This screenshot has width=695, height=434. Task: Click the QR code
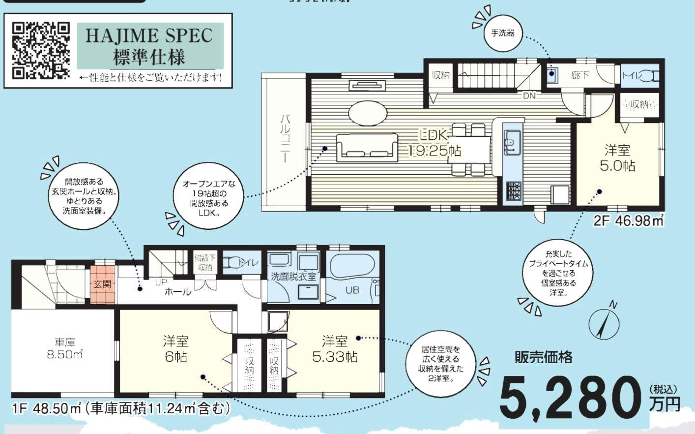click(41, 50)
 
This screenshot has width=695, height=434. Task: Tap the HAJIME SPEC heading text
click(149, 35)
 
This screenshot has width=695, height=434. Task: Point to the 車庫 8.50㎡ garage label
click(64, 348)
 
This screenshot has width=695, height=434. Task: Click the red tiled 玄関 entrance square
click(103, 285)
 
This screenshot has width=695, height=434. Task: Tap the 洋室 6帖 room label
click(175, 348)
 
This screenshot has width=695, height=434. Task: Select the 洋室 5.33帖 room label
click(335, 348)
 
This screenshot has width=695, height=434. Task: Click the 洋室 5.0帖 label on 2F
click(617, 157)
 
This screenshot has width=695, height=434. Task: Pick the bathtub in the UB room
click(352, 266)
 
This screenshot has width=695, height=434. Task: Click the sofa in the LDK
click(367, 147)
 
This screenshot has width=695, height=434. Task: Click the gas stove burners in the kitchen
click(514, 190)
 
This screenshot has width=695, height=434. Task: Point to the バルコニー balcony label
click(285, 138)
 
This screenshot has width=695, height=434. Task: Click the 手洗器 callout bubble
click(502, 33)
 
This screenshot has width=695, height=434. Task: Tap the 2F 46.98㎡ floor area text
click(628, 220)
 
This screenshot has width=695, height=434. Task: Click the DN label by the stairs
click(529, 96)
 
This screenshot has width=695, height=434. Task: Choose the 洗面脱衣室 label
click(293, 277)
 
